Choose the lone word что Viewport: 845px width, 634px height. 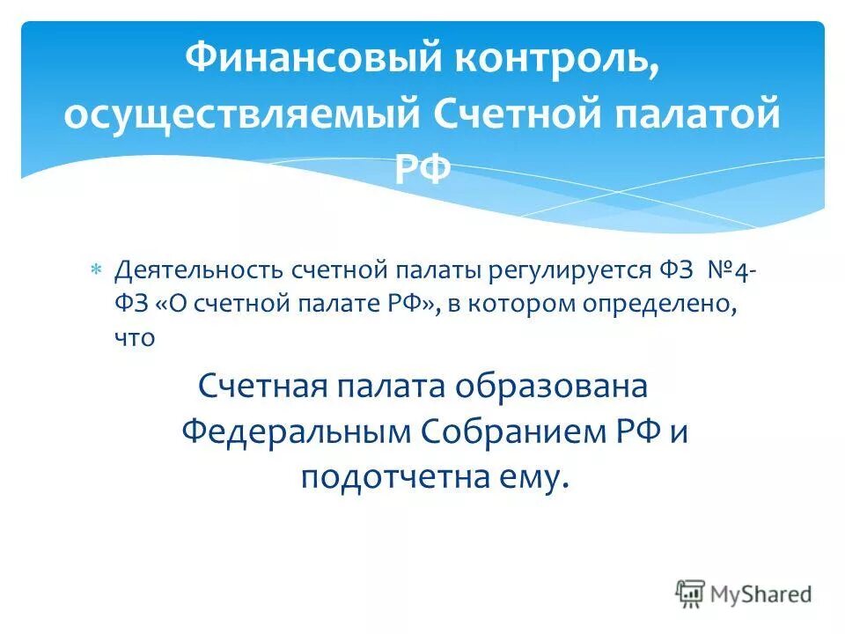[136, 337]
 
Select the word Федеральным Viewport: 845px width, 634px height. [296, 431]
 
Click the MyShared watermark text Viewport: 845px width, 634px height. [761, 593]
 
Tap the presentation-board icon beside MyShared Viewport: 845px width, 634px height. [691, 593]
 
